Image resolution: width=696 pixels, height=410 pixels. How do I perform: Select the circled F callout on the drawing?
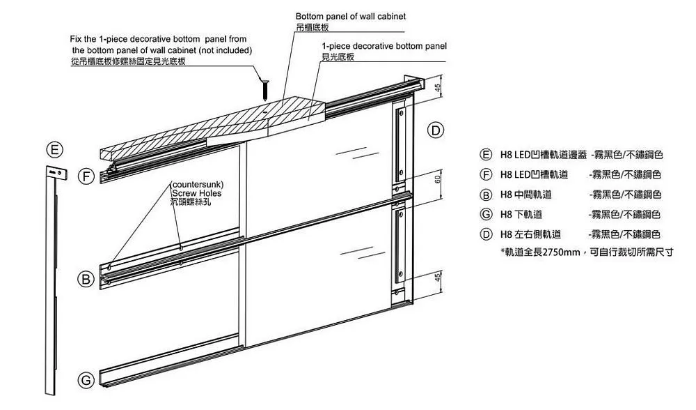click(x=86, y=176)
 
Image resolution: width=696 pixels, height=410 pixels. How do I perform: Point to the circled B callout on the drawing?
click(x=86, y=280)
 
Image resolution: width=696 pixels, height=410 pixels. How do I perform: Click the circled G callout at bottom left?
click(x=86, y=381)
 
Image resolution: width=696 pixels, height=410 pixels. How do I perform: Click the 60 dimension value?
click(x=437, y=179)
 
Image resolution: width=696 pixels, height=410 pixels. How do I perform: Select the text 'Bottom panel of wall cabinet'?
click(x=350, y=15)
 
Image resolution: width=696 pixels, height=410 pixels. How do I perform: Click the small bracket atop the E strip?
click(x=55, y=172)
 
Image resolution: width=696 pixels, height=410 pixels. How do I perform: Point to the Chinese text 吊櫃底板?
click(x=312, y=26)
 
